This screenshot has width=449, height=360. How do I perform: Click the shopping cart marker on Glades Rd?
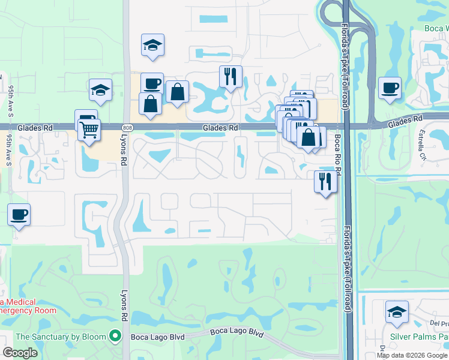click(89, 129)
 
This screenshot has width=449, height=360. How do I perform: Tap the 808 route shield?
click(126, 128)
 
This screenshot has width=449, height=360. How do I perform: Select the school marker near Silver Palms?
click(397, 313)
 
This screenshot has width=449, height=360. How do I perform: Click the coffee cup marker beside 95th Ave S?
click(19, 215)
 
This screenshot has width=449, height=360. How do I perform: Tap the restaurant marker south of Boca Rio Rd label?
click(325, 182)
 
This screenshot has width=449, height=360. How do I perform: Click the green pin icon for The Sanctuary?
click(114, 337)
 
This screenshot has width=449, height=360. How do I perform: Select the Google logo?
click(20, 353)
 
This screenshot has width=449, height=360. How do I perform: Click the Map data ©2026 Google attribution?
click(412, 355)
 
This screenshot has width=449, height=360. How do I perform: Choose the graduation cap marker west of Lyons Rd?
click(100, 91)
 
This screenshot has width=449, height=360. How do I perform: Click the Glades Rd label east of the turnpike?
click(405, 122)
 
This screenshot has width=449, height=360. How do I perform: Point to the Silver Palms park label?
click(419, 337)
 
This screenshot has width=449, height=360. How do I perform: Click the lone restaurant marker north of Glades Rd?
click(231, 77)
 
